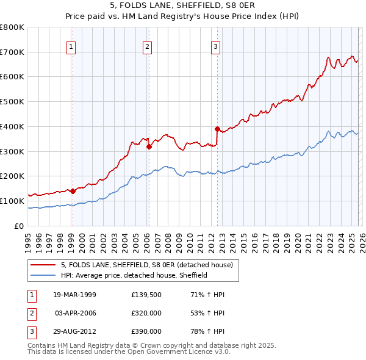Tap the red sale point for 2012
(217, 129)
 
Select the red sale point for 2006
(149, 146)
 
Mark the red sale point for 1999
(73, 191)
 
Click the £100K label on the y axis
(13, 201)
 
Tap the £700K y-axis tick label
(13, 52)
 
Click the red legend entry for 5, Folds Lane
(146, 265)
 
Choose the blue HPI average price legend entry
(134, 275)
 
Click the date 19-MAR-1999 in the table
(75, 295)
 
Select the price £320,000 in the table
(146, 313)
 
